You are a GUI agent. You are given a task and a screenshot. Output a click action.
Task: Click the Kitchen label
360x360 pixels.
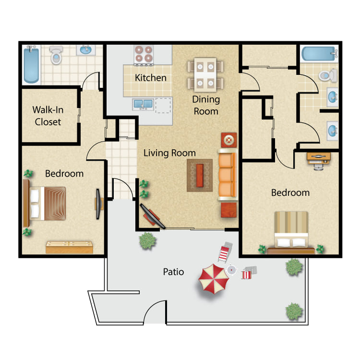tap(151, 78)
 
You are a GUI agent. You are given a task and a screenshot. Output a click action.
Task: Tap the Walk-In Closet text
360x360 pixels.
tap(48, 116)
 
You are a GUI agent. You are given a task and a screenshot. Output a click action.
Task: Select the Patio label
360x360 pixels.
tap(173, 272)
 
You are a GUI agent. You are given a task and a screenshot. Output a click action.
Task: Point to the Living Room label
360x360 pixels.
tap(169, 153)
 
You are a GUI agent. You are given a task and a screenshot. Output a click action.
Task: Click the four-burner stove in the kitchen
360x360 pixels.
tap(144, 54)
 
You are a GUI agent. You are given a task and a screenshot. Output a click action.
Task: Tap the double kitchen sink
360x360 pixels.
tap(143, 104)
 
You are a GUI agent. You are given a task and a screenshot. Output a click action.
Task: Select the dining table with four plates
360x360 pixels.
tap(205, 75)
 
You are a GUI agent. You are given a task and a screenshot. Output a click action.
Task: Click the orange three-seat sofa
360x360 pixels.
tap(228, 175)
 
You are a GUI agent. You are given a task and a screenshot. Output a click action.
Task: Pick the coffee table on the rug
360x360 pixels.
tap(200, 175)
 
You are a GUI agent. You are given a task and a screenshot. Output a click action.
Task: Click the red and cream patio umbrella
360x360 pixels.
tap(214, 279)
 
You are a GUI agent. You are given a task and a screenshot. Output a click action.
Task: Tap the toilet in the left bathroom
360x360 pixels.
tap(56, 55)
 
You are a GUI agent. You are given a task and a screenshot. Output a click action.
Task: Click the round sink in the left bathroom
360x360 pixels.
tap(85, 50)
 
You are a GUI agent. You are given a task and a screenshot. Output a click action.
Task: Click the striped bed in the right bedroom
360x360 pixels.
tap(291, 232)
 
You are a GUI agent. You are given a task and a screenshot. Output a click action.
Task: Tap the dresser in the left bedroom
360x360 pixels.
tap(69, 247)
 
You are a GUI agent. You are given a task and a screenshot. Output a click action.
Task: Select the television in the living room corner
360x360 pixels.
tap(153, 216)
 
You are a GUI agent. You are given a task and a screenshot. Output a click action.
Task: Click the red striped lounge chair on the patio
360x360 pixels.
tap(225, 252)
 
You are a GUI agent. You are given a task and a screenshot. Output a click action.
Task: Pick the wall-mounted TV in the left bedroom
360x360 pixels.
tap(98, 204)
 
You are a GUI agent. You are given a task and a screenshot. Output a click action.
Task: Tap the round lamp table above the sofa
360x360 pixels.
tap(228, 140)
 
